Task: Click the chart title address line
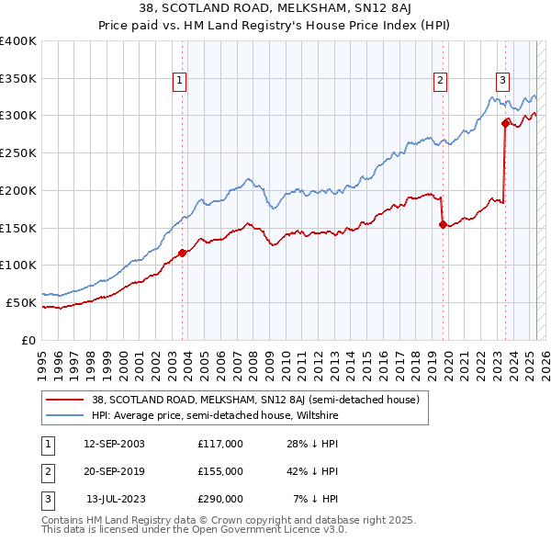click(x=275, y=8)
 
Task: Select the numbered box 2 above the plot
click(x=441, y=81)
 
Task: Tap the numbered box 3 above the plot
click(x=503, y=81)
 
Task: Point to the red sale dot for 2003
click(x=182, y=253)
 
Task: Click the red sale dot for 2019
click(x=443, y=224)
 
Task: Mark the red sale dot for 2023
click(x=505, y=122)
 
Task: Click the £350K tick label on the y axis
click(x=18, y=79)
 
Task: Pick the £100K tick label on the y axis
click(x=18, y=265)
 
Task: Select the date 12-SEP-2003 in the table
click(x=114, y=444)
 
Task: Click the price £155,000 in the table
click(x=220, y=471)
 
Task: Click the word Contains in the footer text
click(x=64, y=521)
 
